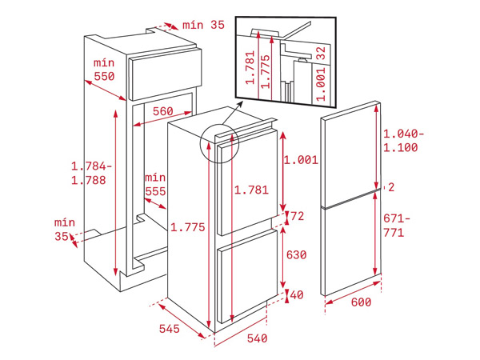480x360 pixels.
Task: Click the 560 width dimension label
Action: click(162, 112)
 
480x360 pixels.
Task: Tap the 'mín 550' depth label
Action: click(102, 70)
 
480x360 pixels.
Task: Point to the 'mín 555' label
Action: click(155, 184)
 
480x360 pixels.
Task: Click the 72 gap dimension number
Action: click(297, 216)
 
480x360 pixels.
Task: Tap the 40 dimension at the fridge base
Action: click(297, 295)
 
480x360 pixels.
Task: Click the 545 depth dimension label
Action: click(169, 329)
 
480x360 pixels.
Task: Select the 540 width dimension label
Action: click(256, 339)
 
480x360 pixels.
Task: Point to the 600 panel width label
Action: click(361, 302)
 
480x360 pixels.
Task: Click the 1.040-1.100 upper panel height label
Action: click(404, 141)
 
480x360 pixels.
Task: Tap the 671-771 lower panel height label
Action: click(398, 226)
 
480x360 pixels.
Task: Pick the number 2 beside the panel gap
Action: click(391, 187)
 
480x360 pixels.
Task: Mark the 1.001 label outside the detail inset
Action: click(301, 160)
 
